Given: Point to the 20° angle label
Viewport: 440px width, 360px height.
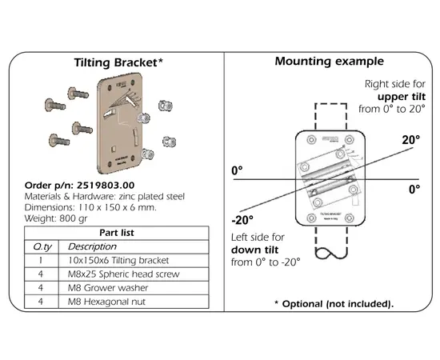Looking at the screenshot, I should pos(410,139).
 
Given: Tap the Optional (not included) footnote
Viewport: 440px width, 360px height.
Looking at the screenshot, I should pos(334,304).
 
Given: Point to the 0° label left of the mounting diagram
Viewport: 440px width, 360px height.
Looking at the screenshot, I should pos(236,171).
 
